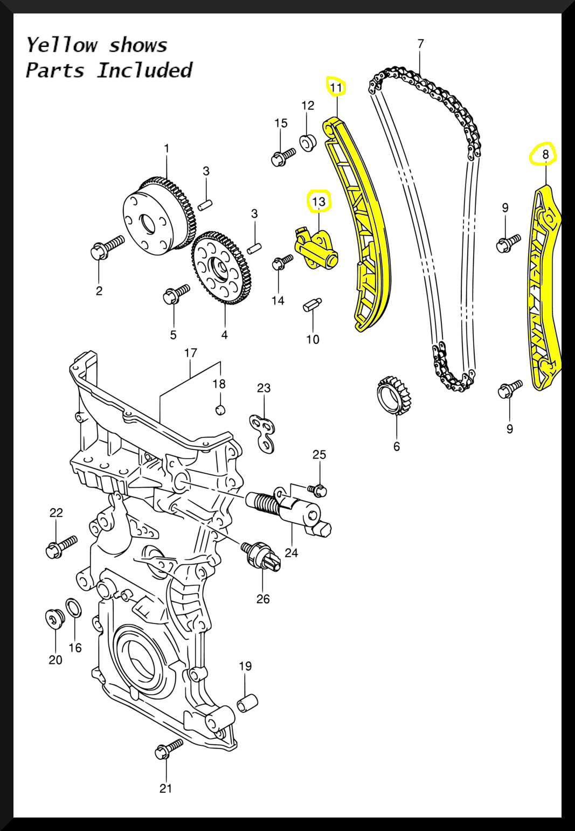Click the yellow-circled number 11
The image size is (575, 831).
(336, 87)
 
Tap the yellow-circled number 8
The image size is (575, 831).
(545, 155)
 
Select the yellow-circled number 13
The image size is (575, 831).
(319, 202)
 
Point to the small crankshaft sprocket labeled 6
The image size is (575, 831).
(396, 397)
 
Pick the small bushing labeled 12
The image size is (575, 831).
(308, 143)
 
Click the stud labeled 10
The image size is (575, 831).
(313, 305)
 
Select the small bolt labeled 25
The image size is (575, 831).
(317, 490)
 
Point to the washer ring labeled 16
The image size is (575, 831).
(74, 608)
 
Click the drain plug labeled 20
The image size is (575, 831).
(55, 619)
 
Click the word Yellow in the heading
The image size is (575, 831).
(62, 45)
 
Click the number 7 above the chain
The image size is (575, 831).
(420, 44)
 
